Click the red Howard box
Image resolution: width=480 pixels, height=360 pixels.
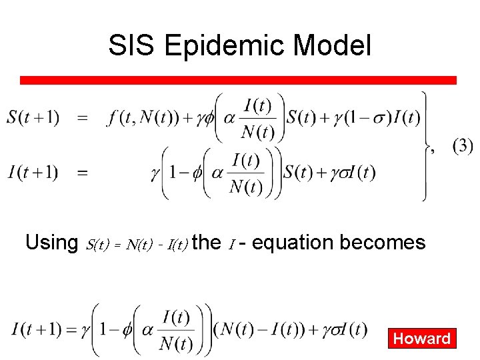421,339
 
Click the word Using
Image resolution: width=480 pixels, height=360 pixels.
51,243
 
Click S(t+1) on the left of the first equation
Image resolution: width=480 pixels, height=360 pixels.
33,119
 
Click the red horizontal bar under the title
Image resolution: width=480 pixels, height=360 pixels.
238,80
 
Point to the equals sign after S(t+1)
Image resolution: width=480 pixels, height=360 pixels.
83,119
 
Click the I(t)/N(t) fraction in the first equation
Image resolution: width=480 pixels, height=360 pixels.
258,119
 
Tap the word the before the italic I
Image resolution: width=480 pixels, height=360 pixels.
206,243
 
